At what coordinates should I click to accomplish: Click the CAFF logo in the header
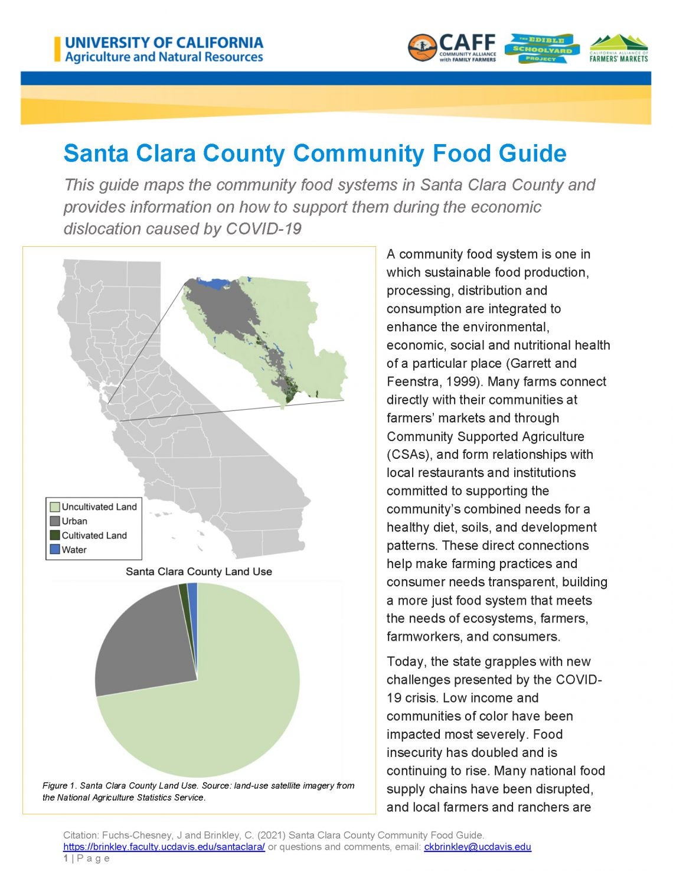click(452, 47)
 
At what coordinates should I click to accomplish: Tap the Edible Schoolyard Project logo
click(542, 48)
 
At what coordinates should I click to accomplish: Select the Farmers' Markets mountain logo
click(619, 48)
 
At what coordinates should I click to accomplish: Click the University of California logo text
click(164, 50)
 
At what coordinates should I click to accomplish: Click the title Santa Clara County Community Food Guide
click(315, 154)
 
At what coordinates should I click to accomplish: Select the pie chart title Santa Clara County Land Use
click(199, 572)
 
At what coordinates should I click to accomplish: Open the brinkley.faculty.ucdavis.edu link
click(164, 847)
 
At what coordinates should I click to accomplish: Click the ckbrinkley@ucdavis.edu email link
click(477, 847)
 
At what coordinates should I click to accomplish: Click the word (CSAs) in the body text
click(407, 455)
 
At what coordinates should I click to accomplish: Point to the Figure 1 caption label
click(59, 786)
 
